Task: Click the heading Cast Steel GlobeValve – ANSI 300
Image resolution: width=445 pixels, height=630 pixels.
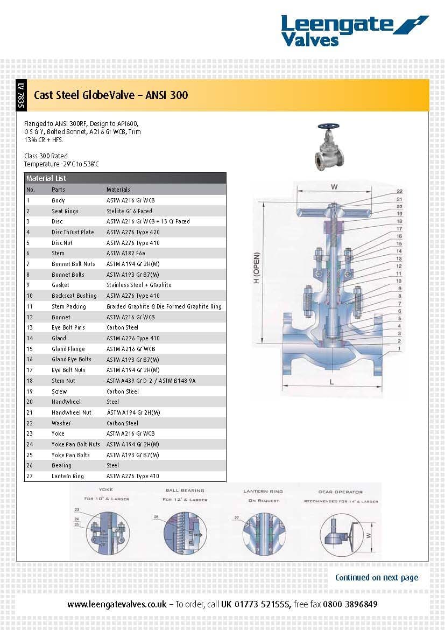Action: tap(111, 95)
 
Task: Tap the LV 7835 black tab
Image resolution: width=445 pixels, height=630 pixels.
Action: tap(20, 95)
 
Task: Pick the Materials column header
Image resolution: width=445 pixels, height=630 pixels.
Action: tap(118, 190)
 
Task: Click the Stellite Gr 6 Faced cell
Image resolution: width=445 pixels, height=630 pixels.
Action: tap(129, 211)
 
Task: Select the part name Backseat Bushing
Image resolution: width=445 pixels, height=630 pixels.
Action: tap(74, 296)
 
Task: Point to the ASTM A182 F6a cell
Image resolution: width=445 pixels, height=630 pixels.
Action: tap(123, 253)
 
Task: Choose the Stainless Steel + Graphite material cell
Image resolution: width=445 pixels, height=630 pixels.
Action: tap(139, 285)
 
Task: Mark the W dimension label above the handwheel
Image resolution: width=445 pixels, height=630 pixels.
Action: tap(334, 187)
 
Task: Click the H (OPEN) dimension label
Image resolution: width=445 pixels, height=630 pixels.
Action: tap(257, 268)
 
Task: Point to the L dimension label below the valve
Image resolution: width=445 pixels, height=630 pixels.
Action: tap(331, 382)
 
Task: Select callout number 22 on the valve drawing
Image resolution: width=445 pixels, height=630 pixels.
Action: tap(399, 192)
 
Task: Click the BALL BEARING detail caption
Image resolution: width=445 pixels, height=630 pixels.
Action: tap(185, 491)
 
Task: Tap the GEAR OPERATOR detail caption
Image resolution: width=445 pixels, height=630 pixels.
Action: tap(340, 492)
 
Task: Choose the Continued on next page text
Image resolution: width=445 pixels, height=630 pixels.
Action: tap(376, 577)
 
